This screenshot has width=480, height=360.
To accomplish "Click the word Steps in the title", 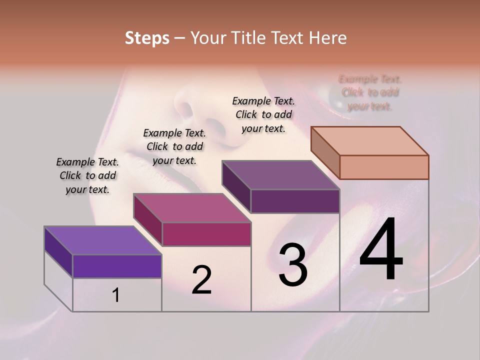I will (x=147, y=38).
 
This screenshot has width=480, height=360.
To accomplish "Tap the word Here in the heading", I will (x=328, y=38).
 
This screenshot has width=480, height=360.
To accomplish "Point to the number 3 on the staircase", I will (x=293, y=265).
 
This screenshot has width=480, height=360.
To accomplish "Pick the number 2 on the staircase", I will (x=202, y=280).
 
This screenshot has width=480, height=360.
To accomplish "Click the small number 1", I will (x=116, y=295).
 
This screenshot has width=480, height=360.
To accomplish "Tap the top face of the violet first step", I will (x=102, y=240).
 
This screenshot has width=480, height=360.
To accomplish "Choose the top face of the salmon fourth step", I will (x=369, y=140).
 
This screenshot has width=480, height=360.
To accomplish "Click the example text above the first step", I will (x=87, y=175).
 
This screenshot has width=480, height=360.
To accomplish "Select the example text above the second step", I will (x=174, y=146).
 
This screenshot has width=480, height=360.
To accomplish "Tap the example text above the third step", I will (x=263, y=114).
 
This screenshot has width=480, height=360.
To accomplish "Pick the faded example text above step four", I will (x=370, y=92).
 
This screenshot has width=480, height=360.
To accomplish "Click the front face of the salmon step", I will (x=384, y=167).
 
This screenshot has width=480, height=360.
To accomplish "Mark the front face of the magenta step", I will (x=206, y=234).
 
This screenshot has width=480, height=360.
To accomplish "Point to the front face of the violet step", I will (x=117, y=266).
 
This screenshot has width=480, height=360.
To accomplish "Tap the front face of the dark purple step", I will (x=295, y=201).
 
